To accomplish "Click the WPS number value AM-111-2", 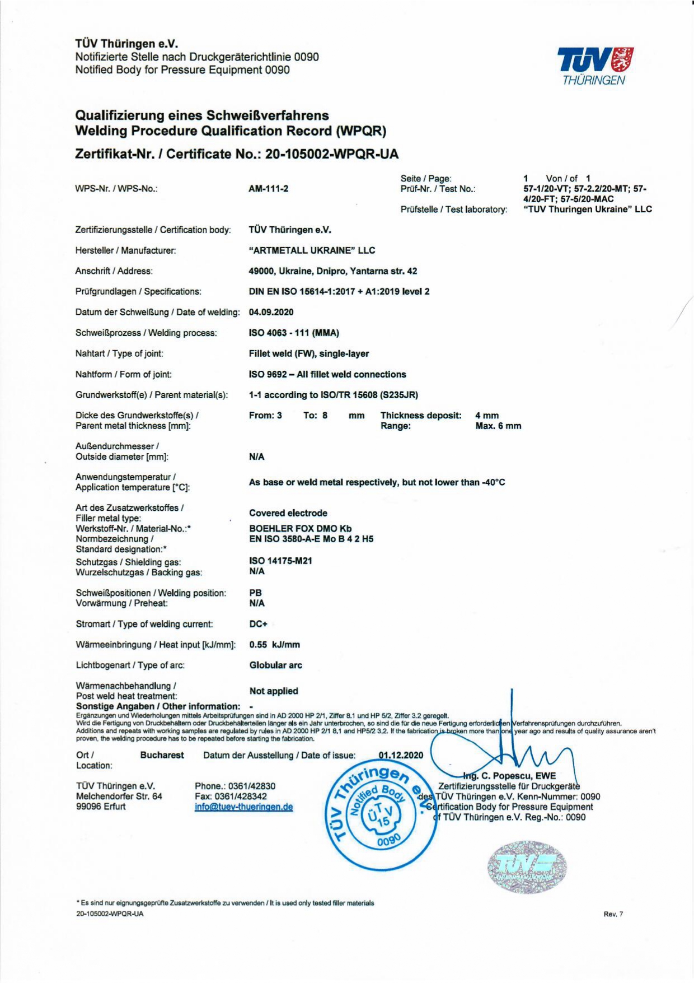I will (x=269, y=189).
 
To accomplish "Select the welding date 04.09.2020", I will (x=271, y=312).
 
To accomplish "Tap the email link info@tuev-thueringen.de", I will (x=243, y=807).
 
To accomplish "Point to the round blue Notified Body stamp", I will (x=381, y=818).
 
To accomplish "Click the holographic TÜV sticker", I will (x=526, y=866).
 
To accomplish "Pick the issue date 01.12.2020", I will (x=401, y=755).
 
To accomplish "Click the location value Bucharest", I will (x=162, y=755).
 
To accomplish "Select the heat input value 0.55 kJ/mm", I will (x=274, y=645).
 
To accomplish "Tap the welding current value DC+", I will (x=258, y=624).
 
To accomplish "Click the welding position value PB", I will (x=255, y=593).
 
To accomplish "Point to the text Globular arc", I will (x=275, y=665).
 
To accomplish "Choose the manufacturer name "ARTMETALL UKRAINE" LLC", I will (x=312, y=250).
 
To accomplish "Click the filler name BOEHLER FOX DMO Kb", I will (x=301, y=528).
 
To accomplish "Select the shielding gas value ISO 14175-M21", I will (x=280, y=561).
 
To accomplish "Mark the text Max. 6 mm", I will (x=498, y=426).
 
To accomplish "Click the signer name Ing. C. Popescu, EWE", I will (x=509, y=776).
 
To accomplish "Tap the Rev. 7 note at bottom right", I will (x=613, y=915).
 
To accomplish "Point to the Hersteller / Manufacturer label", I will (x=125, y=250).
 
